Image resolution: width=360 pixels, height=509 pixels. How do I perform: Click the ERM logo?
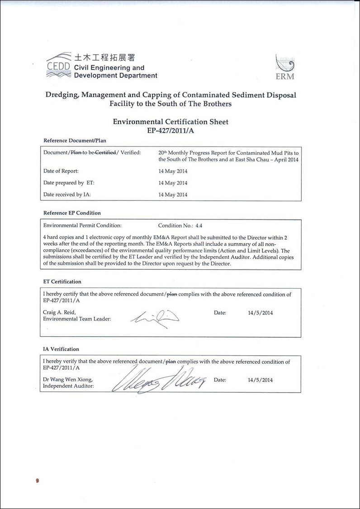285,67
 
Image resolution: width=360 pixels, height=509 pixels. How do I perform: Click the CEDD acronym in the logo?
58,67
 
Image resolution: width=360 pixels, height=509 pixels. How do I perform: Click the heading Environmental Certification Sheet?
171,122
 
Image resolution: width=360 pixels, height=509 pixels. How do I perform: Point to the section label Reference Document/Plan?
75,140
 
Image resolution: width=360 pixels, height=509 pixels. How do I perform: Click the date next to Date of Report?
173,171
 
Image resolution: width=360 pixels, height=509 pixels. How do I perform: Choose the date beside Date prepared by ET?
173,183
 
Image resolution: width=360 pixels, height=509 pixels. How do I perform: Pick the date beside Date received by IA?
173,195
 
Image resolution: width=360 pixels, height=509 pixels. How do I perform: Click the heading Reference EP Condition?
72,213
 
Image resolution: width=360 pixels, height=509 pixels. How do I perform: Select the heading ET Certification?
62,281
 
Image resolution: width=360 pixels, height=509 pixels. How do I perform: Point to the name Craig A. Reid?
59,313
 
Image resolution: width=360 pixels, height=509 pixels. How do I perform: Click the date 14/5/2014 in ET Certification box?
260,313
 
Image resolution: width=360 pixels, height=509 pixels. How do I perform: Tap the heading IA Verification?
61,349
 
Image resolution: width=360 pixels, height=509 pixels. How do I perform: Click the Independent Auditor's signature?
161,379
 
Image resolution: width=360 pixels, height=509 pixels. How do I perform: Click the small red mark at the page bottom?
38,480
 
